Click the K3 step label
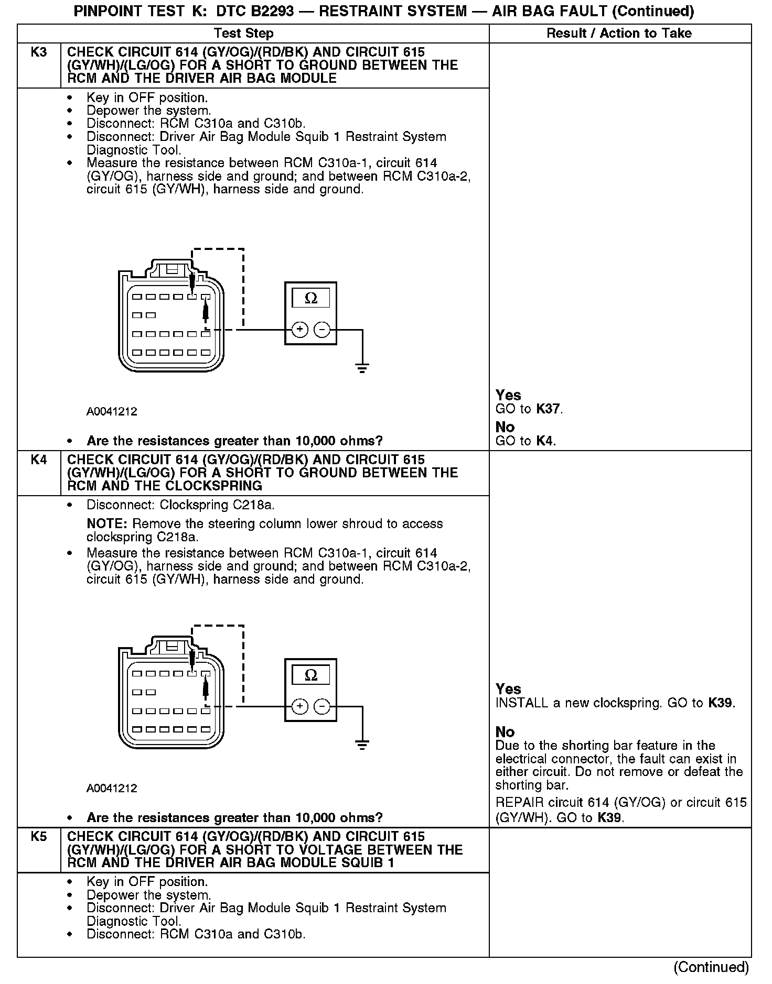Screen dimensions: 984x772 point(39,52)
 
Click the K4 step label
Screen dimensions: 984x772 point(39,460)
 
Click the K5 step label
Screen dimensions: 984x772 point(39,837)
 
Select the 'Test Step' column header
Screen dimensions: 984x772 point(244,34)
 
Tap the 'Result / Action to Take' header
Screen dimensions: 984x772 point(619,34)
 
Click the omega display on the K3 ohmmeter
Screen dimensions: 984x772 point(311,298)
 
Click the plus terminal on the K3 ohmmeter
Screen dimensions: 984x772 point(299,330)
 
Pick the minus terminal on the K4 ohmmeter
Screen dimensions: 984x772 point(322,706)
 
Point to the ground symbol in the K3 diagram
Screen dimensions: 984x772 point(362,367)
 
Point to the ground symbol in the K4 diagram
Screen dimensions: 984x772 point(362,744)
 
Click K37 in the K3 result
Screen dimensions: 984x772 point(549,409)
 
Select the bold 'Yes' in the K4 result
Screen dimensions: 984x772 point(508,689)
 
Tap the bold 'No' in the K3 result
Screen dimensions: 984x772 point(505,427)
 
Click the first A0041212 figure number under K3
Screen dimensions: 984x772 point(112,412)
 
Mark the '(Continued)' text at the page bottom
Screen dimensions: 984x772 point(711,967)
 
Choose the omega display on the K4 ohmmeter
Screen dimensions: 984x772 point(311,675)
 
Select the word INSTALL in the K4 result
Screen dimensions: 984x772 point(522,703)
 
